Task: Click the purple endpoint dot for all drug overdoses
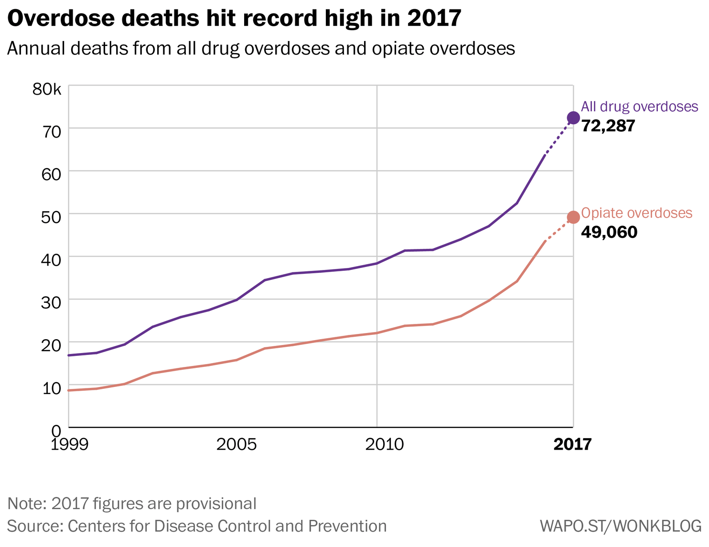click(x=573, y=118)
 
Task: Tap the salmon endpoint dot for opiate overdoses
click(x=573, y=217)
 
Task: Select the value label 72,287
click(x=608, y=126)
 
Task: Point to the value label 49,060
click(x=609, y=232)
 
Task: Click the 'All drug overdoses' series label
click(x=639, y=107)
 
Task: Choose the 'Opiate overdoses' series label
click(x=636, y=213)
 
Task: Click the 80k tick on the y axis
click(x=47, y=89)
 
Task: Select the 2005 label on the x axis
click(x=236, y=445)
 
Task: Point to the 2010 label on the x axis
click(x=385, y=445)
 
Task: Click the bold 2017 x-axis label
click(x=572, y=445)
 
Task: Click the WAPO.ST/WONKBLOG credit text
click(x=621, y=526)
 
